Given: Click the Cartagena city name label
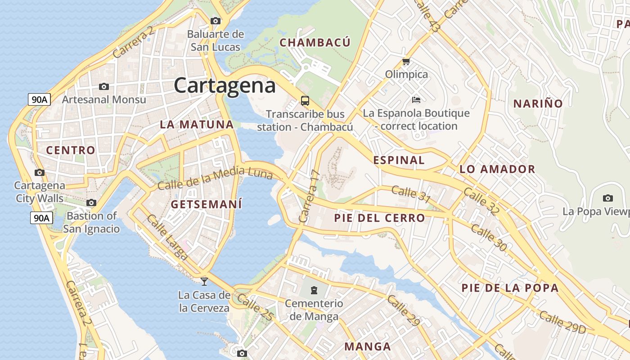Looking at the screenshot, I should (225, 85).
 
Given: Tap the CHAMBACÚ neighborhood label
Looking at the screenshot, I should (315, 43).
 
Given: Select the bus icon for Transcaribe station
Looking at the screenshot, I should (305, 100).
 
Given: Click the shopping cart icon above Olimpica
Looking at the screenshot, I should (406, 61).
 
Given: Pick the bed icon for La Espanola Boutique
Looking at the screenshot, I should (416, 99).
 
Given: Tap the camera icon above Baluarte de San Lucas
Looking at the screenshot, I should (216, 21).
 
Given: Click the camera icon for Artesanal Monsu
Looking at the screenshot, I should (104, 86).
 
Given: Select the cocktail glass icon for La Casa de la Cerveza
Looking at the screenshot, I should (204, 282).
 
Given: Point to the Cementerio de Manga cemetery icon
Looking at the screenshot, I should (314, 290).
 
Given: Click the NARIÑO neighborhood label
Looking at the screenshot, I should (538, 103).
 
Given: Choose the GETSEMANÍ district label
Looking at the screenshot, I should (207, 204).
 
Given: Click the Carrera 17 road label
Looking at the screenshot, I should (309, 196).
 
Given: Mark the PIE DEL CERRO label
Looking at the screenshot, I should (379, 218).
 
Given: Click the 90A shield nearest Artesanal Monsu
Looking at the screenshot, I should (39, 99).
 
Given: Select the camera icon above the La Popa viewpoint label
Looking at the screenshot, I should (608, 198).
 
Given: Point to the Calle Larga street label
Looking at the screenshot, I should (167, 237).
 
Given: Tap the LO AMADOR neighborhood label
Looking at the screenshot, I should (497, 169).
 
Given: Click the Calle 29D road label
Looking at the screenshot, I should (562, 322).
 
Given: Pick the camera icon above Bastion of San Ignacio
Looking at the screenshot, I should (91, 203).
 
